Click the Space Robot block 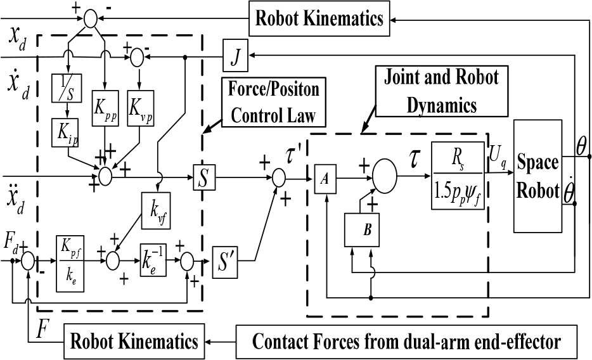(x=537, y=176)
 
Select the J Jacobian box (x=236, y=55)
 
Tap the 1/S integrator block (x=67, y=88)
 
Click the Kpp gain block (x=105, y=108)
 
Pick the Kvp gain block (x=141, y=108)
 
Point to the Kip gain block (x=65, y=133)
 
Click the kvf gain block (x=156, y=210)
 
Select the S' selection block (x=225, y=262)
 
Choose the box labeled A (x=325, y=179)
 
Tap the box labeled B (x=362, y=229)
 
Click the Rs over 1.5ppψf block (x=458, y=176)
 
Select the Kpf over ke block (x=70, y=264)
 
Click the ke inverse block (x=153, y=260)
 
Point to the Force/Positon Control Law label (x=274, y=102)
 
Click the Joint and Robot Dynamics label (x=442, y=91)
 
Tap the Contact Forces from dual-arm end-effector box (x=406, y=341)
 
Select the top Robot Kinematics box (x=319, y=18)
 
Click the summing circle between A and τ (x=384, y=176)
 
